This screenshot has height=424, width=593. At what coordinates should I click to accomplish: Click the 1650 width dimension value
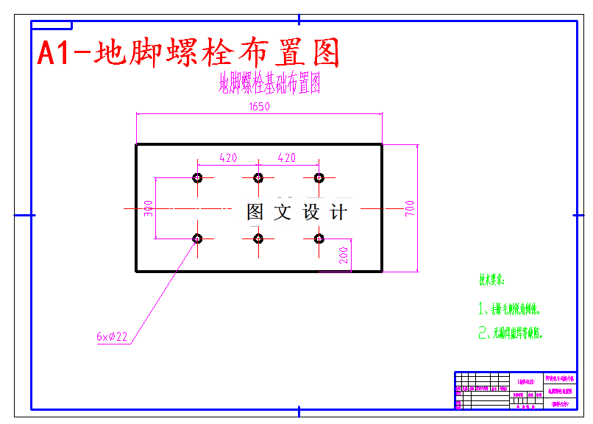point(259,107)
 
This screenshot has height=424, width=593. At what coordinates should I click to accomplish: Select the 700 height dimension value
point(410,208)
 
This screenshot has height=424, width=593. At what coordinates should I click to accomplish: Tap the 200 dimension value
point(344,255)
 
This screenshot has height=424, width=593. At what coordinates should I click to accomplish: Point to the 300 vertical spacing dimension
point(149,208)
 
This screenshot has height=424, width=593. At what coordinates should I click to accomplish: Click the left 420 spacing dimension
point(228,158)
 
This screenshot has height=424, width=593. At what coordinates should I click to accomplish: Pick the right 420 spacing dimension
point(286,158)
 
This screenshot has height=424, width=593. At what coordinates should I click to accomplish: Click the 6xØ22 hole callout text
point(112,337)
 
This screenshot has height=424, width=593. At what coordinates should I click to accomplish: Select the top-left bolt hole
point(197,177)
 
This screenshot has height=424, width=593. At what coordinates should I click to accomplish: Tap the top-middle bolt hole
point(258,177)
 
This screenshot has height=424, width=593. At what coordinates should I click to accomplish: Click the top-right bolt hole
point(319,177)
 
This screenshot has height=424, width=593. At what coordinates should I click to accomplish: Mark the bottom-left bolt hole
point(197,239)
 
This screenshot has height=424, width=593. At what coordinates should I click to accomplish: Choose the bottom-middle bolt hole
point(258,239)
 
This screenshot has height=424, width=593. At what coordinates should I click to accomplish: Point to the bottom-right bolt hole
point(319,239)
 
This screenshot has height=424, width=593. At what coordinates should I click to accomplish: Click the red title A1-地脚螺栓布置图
point(189,53)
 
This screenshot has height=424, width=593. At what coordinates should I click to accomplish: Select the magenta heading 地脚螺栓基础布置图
point(269,83)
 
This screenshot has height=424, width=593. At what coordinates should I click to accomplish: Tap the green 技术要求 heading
point(492,280)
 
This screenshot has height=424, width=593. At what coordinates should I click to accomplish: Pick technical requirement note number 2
point(511,333)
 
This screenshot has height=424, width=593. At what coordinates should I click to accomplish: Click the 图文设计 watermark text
point(296,213)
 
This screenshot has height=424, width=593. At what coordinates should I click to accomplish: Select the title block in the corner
point(515,390)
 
